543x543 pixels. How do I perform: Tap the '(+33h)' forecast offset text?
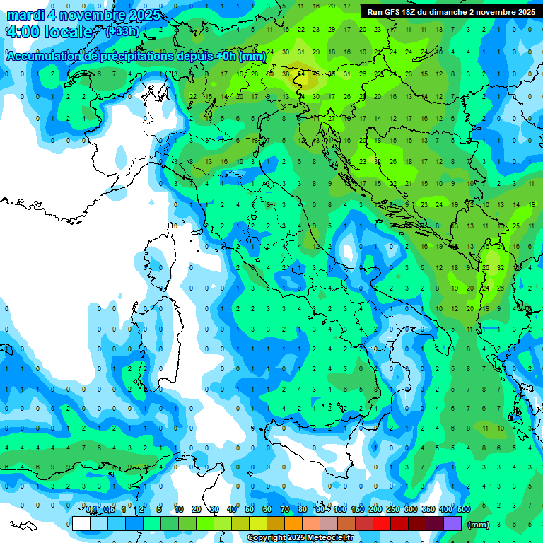click(x=123, y=31)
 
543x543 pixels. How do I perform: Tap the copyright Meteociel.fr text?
click(x=300, y=538)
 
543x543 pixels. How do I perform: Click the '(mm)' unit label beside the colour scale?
click(x=479, y=525)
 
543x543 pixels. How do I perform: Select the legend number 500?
click(x=463, y=510)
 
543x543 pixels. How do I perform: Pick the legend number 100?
click(x=341, y=510)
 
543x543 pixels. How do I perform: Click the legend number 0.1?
click(x=91, y=510)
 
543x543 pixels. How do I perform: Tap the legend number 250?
click(x=393, y=510)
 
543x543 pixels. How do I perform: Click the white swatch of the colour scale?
click(x=81, y=523)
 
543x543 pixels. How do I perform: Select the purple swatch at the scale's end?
click(x=452, y=523)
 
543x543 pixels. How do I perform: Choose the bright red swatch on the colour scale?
click(x=382, y=523)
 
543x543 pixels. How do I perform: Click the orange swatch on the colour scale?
click(x=293, y=523)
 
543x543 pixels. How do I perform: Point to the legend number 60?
click(x=267, y=510)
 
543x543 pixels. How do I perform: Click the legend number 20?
click(x=197, y=510)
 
